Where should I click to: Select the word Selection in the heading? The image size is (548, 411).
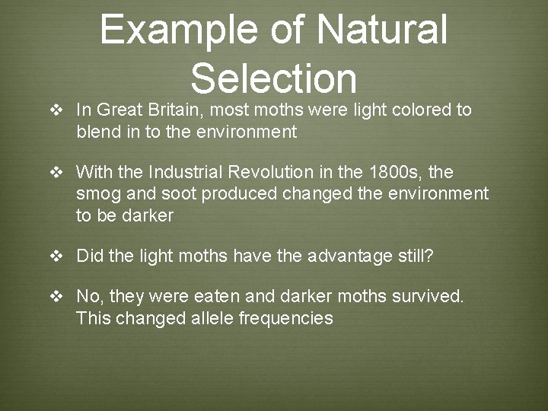(274, 78)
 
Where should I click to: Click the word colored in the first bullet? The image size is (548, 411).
(421, 110)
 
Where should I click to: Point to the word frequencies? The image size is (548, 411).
(286, 318)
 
